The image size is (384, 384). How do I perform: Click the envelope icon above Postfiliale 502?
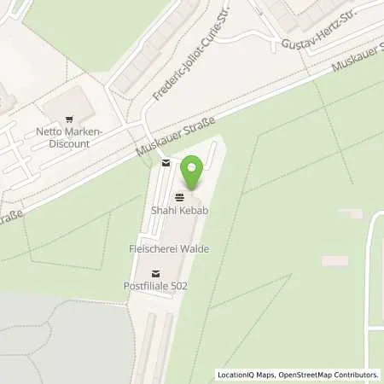154,273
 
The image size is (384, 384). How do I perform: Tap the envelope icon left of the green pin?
165,163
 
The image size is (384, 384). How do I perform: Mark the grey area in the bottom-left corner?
60,341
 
